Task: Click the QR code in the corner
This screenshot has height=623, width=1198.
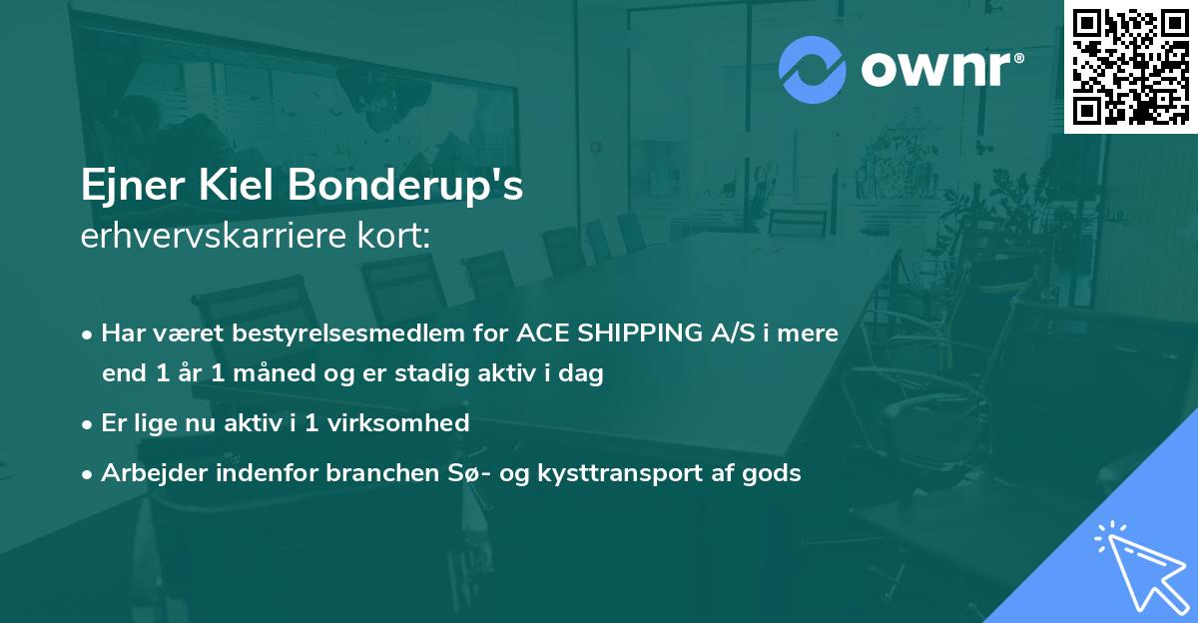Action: point(1130,67)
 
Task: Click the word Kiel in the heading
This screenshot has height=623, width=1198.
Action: point(225,187)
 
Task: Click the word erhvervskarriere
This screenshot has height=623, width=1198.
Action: point(206,238)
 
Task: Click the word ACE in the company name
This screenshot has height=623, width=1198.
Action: point(539,333)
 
